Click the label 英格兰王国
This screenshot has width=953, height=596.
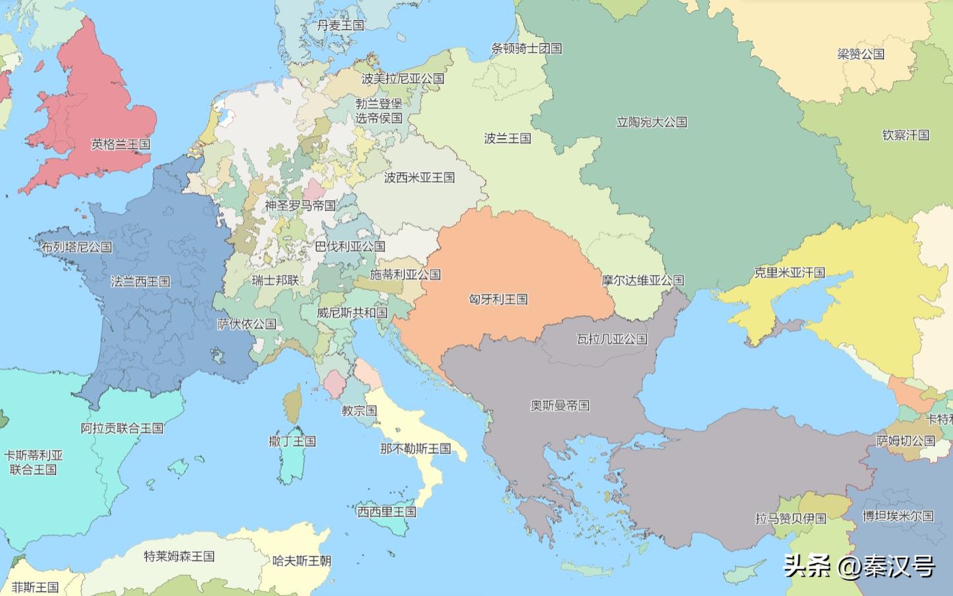[x=120, y=144]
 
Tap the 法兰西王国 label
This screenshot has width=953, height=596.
[x=140, y=282]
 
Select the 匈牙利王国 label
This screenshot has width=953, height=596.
[x=498, y=299]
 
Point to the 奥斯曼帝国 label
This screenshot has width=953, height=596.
[x=559, y=406]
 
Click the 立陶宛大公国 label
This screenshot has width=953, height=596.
[x=652, y=122]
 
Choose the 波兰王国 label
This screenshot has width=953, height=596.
[x=507, y=138]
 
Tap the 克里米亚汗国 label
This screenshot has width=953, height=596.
[x=789, y=272]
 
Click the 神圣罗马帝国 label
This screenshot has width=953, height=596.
[x=300, y=206]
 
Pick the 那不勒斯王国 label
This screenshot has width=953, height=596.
[x=415, y=449]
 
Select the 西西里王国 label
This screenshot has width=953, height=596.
[x=386, y=511]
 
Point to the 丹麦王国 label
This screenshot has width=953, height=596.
[x=340, y=26]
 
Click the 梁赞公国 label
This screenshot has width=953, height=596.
[x=861, y=54]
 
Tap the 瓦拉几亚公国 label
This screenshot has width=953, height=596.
[x=612, y=339]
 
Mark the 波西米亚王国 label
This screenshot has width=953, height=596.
[x=419, y=178]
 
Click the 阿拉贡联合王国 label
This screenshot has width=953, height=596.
[x=122, y=428]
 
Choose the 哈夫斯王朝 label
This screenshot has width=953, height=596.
[x=301, y=561]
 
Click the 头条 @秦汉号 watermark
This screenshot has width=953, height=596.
[x=859, y=566]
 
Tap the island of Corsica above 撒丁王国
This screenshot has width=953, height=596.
[x=293, y=403]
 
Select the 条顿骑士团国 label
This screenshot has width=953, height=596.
[x=527, y=48]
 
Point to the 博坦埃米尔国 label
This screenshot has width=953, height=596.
[x=898, y=516]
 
